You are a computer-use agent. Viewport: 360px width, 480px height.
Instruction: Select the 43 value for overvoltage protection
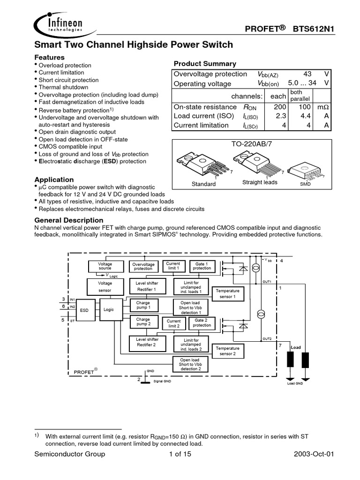[307, 74]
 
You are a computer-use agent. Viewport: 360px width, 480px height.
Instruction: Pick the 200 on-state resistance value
[280, 107]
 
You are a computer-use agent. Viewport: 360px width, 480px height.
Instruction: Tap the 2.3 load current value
[280, 116]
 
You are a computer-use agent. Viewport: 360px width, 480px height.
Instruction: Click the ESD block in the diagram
[84, 310]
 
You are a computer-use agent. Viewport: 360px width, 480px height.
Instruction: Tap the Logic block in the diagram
[109, 309]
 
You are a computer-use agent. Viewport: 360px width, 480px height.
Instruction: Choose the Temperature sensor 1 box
[228, 294]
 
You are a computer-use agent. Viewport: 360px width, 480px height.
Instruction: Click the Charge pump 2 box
[143, 322]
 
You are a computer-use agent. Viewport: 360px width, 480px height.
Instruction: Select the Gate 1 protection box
[202, 266]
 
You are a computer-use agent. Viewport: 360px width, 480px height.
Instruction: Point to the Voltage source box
[105, 266]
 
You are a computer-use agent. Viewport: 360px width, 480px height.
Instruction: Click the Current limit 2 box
[173, 323]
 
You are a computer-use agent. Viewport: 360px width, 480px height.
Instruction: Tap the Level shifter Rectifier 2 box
[147, 342]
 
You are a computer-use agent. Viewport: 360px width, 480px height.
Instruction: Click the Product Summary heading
[205, 64]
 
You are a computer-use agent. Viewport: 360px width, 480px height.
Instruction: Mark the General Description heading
[69, 220]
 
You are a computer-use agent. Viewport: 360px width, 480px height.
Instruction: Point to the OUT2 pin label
[267, 338]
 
